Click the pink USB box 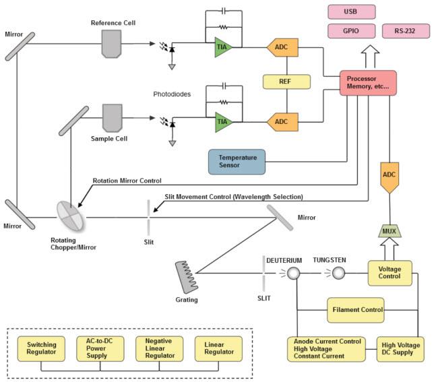[350, 11]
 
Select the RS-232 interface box [405, 31]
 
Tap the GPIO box [350, 31]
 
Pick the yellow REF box [286, 82]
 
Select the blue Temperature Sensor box [237, 162]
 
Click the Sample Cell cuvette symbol [111, 116]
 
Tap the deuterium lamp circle [294, 273]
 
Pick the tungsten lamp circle [338, 273]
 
